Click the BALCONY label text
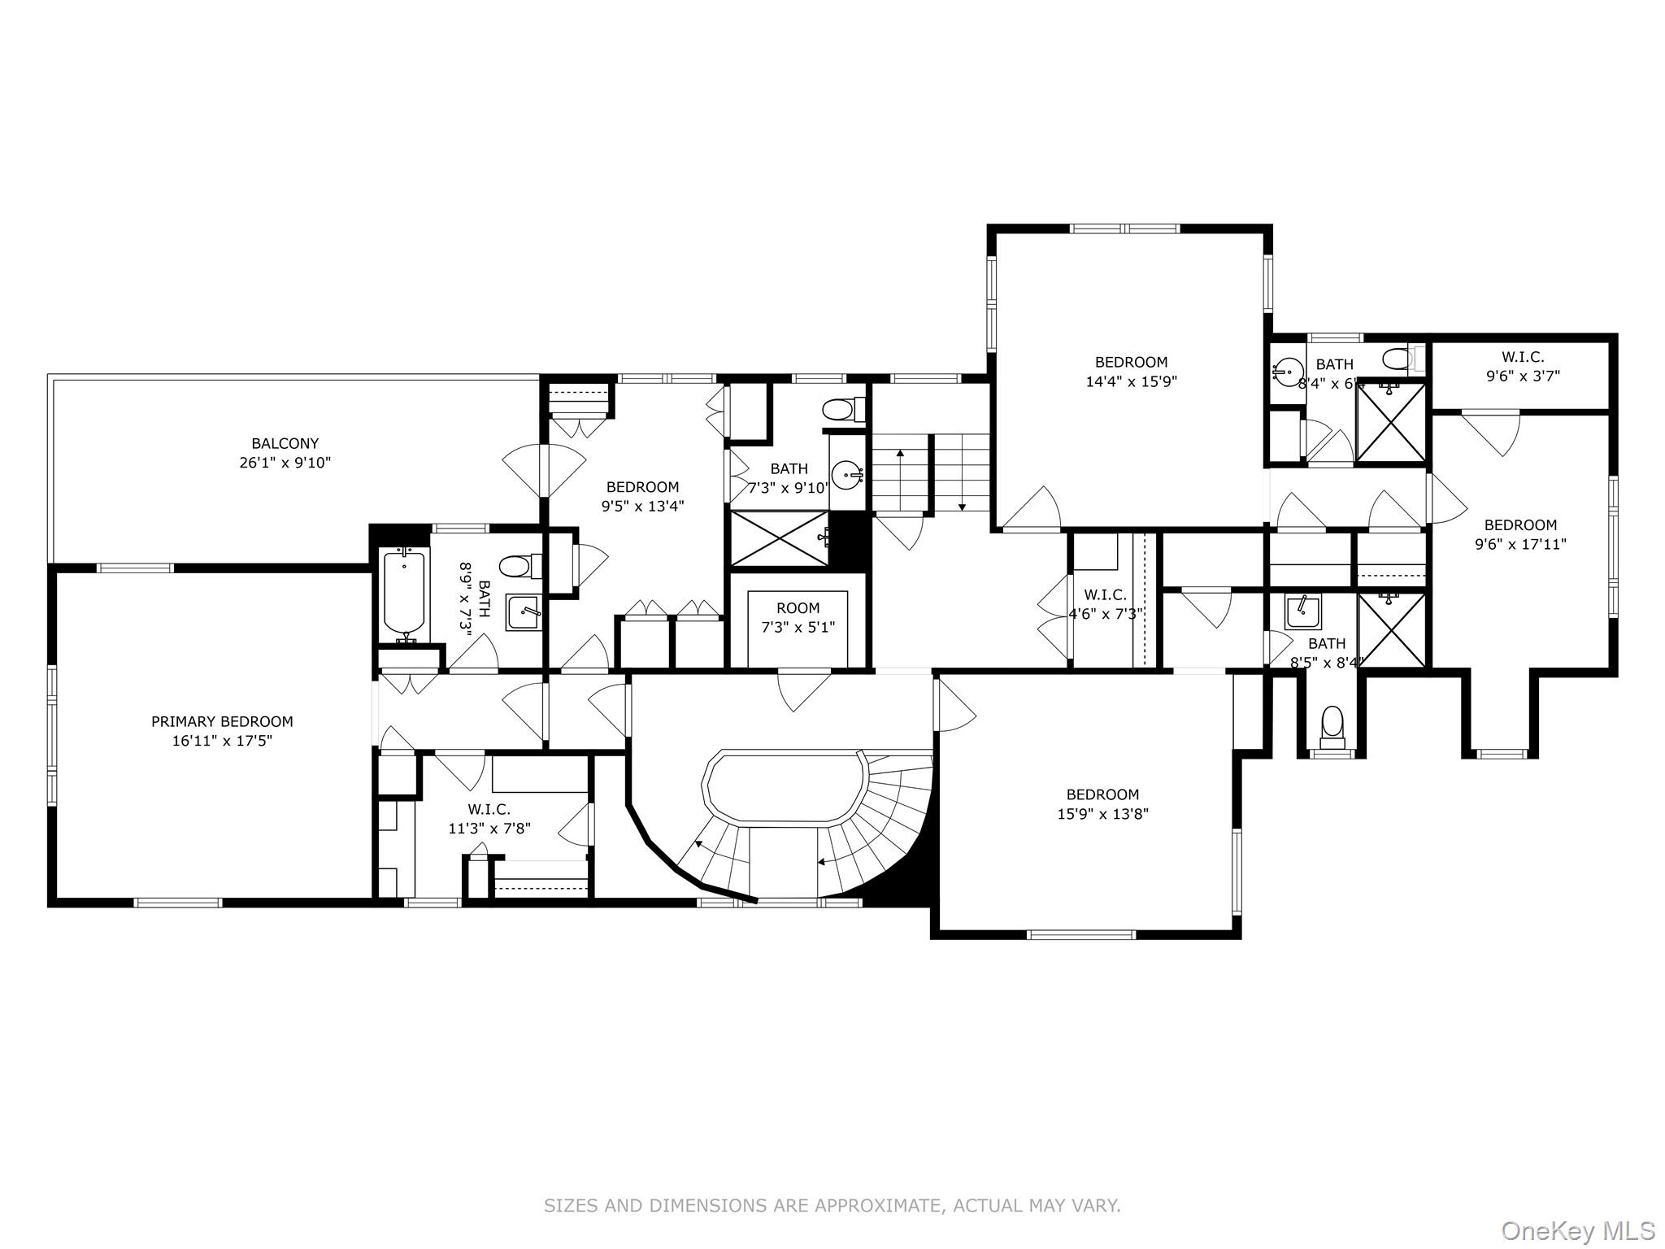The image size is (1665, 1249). tap(285, 444)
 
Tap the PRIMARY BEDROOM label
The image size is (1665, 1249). tap(222, 722)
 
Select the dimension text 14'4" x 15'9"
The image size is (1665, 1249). tap(1131, 381)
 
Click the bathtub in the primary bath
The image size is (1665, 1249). tap(403, 592)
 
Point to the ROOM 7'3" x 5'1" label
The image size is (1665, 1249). tap(798, 617)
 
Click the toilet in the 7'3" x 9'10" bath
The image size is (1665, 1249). tap(838, 409)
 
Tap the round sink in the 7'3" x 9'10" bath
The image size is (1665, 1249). tap(847, 473)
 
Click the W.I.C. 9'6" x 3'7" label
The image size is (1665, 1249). tap(1522, 366)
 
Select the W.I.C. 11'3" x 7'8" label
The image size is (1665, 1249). tap(489, 819)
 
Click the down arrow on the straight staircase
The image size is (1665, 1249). tap(962, 506)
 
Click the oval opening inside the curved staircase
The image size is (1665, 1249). tap(784, 788)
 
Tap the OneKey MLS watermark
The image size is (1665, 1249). tap(1578, 1230)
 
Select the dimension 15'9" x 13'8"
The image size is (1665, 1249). tap(1102, 814)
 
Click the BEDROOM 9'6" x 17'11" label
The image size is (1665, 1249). tap(1520, 534)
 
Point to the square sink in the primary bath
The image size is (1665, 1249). tap(524, 611)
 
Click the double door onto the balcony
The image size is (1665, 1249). tap(543, 472)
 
